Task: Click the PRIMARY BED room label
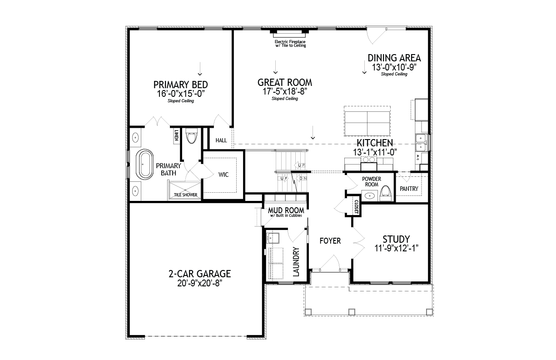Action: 180,85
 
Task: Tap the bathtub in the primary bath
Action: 144,164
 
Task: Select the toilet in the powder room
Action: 386,193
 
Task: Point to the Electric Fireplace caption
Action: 290,44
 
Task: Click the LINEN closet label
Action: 177,135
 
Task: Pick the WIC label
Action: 223,175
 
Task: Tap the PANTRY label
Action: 409,189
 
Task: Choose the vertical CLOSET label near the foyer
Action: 356,207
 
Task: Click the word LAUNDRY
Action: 296,262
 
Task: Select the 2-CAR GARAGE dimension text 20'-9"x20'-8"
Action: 199,283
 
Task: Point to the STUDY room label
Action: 396,239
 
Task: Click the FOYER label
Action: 330,241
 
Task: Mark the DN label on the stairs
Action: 303,178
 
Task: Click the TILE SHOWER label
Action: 185,195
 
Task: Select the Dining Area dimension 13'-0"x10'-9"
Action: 394,67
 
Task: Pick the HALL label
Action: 221,140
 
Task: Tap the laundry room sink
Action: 273,238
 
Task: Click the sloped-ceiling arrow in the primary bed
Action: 200,69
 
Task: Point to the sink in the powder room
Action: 370,196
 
